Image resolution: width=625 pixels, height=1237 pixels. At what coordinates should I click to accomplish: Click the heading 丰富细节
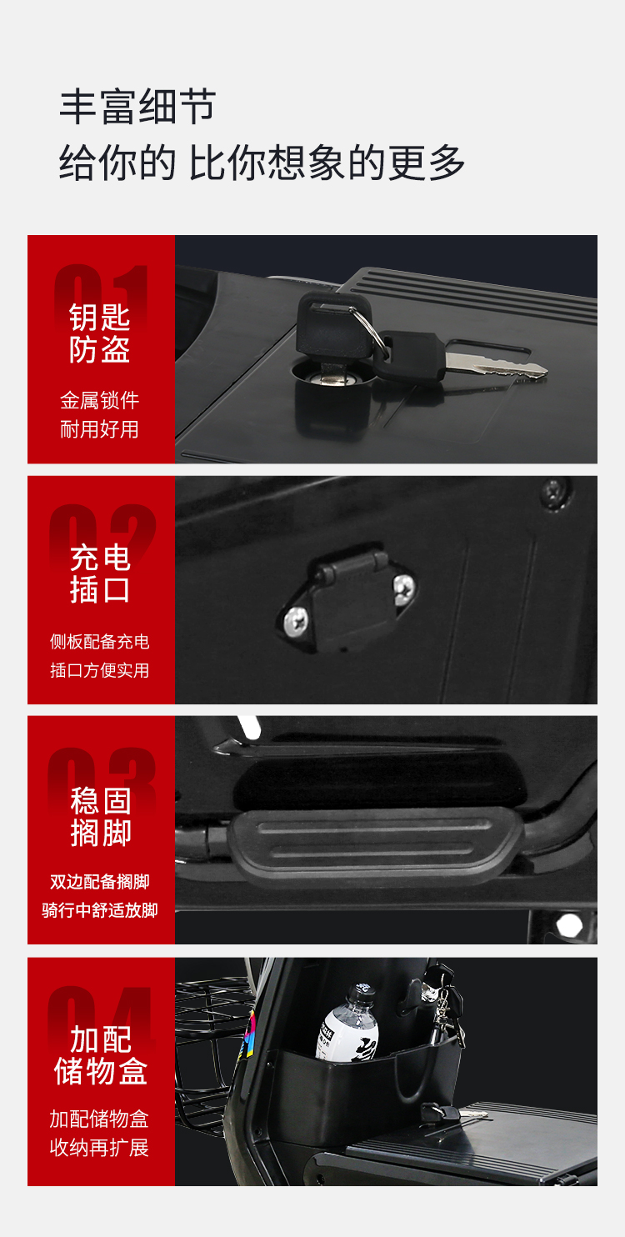137,107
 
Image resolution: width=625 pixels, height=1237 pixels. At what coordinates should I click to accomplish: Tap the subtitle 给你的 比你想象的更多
262,163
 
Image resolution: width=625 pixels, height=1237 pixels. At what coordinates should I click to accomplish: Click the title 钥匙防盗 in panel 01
100,333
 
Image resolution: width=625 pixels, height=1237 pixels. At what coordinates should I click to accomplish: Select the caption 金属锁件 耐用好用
99,415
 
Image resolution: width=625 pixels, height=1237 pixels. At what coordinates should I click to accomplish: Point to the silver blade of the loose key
496,365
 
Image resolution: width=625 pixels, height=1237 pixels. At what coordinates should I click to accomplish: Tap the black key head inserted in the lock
333,325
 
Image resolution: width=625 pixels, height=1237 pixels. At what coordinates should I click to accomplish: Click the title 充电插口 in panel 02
100,573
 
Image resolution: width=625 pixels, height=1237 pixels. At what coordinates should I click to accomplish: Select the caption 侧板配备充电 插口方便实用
99,655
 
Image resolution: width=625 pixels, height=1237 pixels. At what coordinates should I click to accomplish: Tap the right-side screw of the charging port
404,588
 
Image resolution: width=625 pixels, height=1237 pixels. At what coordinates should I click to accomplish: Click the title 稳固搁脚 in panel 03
101,817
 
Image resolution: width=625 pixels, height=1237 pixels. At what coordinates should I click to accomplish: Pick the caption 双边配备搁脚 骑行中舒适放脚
99,896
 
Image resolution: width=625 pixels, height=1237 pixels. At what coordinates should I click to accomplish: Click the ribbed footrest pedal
376,843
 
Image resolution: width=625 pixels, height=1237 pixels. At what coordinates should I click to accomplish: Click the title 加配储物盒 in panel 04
101,1055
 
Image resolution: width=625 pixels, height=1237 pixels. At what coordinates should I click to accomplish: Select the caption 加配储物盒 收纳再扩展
99,1133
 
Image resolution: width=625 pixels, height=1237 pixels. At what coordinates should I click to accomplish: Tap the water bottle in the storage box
347,1022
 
